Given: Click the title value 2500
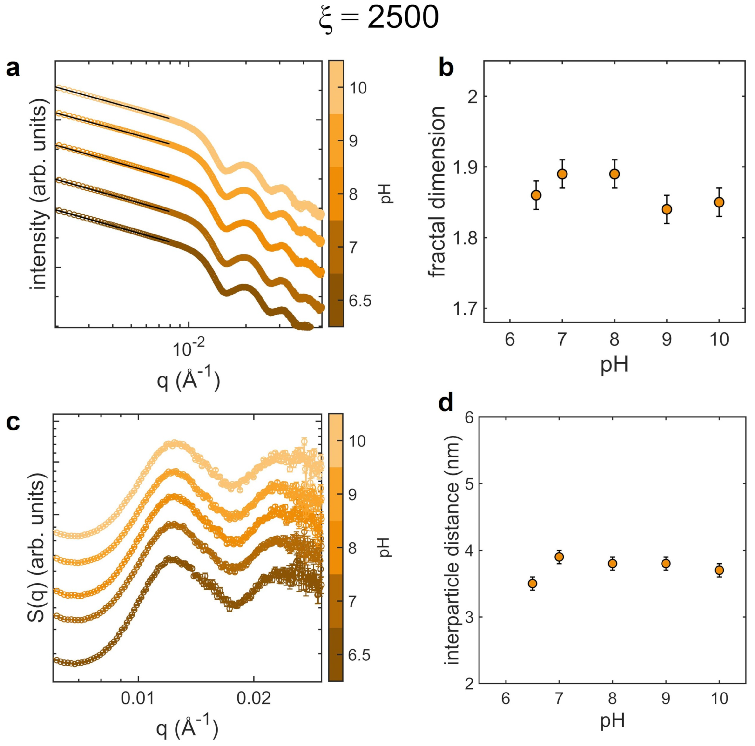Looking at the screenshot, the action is pos(403,18).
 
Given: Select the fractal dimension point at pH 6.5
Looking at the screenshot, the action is pos(536,195).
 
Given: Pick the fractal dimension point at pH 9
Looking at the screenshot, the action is pos(667,209).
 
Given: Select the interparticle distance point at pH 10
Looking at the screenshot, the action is pos(719,570).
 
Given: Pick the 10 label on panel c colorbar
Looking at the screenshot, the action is pos(356,441).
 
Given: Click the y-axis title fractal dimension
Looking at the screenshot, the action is pos(437,191).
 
